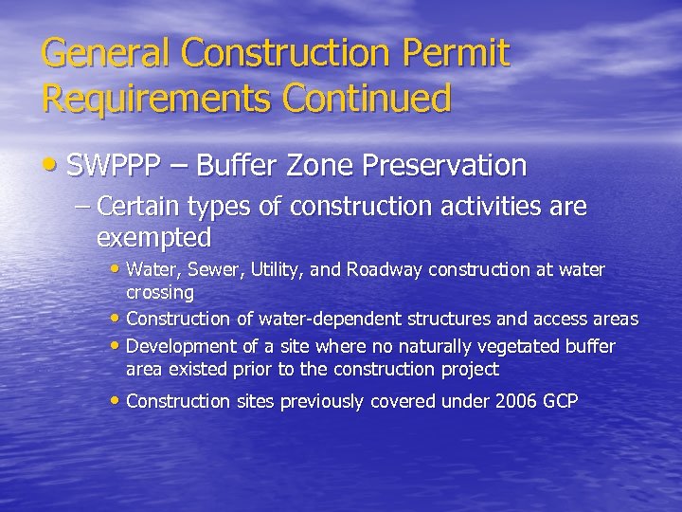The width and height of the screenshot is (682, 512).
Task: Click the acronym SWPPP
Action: pos(114,165)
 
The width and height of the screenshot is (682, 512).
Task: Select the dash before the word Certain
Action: pos(81,207)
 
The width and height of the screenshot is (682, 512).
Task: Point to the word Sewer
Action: pos(217,270)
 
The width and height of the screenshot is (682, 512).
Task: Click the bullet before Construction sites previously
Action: pos(117,401)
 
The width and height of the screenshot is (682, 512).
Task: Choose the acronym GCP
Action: pos(561,401)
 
